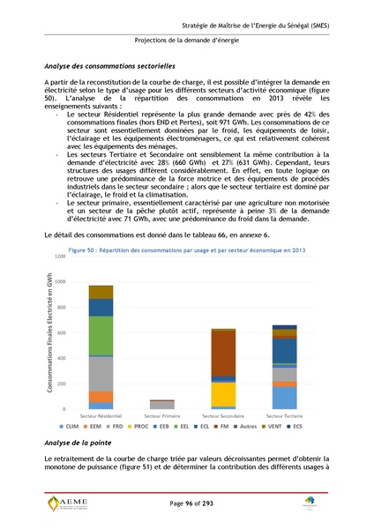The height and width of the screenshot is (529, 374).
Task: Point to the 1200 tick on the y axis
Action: coord(61,256)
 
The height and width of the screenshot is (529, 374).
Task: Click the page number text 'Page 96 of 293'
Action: coord(186,503)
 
